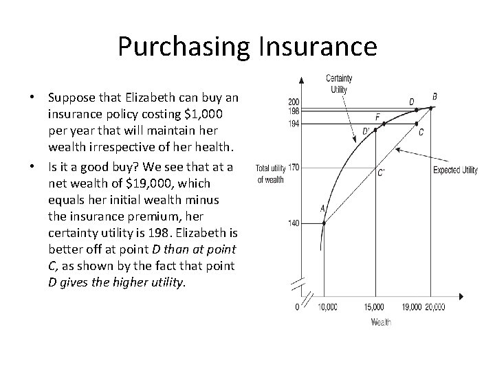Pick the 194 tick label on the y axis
click(x=293, y=124)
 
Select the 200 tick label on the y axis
click(x=293, y=102)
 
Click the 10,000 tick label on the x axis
click(x=327, y=308)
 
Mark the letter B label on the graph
click(x=434, y=96)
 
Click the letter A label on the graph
click(x=322, y=208)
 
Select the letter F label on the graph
click(x=377, y=116)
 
